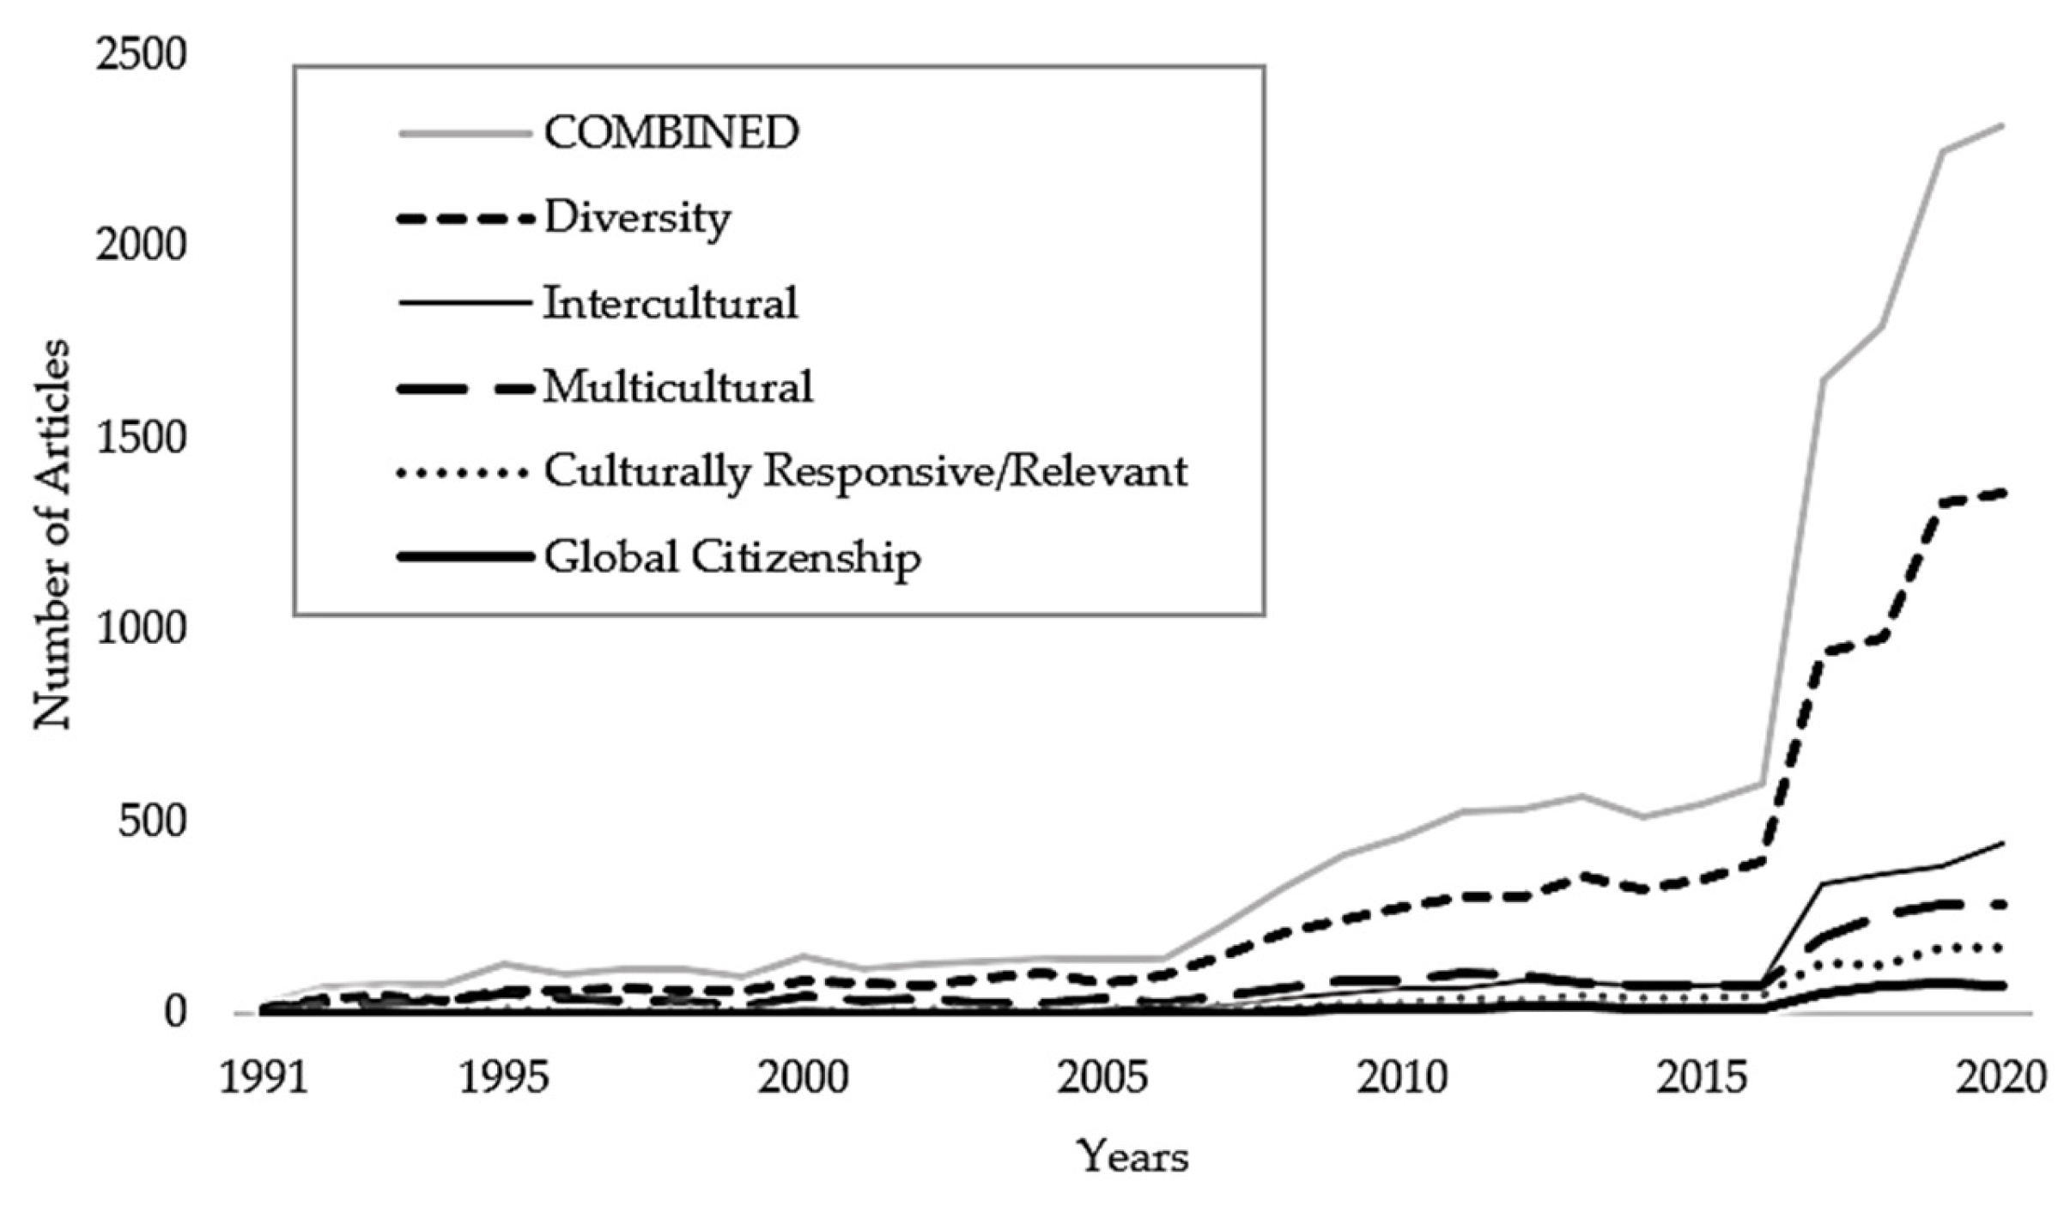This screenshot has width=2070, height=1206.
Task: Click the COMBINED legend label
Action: tap(671, 133)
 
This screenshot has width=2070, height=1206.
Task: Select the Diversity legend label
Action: tap(637, 218)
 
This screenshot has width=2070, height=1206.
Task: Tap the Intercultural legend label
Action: tap(671, 303)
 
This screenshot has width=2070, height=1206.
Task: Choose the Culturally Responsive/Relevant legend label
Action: tap(865, 471)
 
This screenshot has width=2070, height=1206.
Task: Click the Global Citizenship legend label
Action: tap(732, 557)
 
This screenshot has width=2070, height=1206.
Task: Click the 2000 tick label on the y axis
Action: tap(141, 246)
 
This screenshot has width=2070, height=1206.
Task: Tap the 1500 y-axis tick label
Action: tap(141, 439)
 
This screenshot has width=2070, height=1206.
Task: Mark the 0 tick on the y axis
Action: tap(174, 1013)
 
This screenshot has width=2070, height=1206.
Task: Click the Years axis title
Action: tap(1132, 1156)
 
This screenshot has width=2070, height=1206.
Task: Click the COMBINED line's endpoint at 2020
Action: tap(2003, 125)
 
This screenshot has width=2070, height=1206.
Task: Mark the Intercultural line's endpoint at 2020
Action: tap(2003, 843)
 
